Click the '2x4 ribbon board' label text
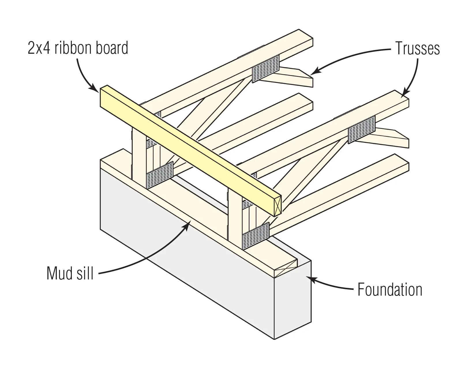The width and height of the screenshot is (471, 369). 78,48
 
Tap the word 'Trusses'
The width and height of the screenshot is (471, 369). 417,48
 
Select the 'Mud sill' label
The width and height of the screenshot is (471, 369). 70,273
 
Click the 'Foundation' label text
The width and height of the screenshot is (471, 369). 390,290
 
